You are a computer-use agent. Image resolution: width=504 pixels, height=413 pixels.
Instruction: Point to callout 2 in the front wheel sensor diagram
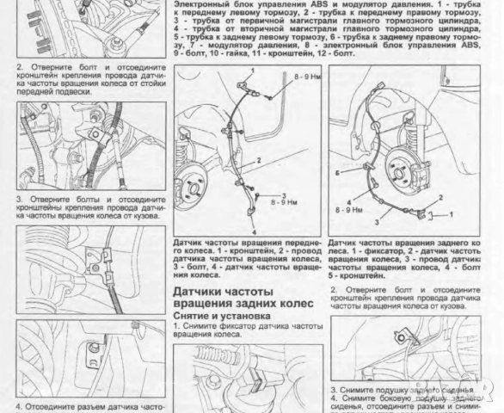(x=256, y=162)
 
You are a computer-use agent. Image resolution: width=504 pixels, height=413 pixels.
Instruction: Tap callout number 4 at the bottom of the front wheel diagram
(x=255, y=230)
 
